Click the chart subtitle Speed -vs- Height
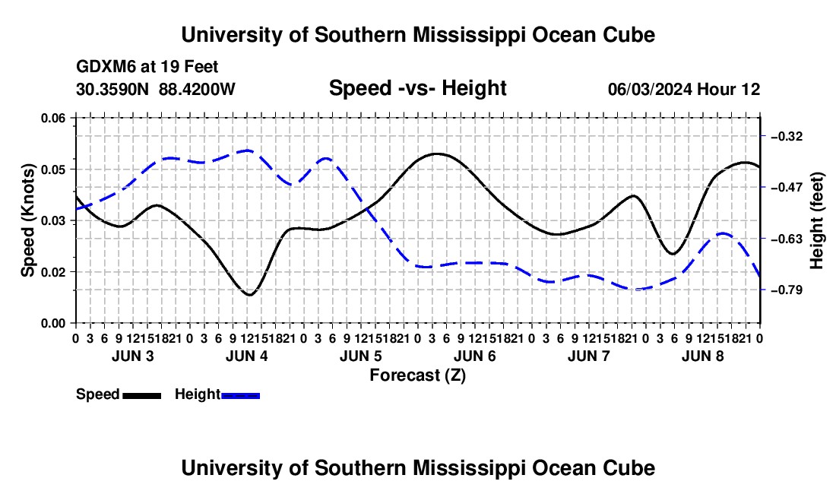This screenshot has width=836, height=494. click(417, 88)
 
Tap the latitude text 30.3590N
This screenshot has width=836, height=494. click(112, 89)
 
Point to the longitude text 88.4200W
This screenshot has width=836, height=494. click(197, 89)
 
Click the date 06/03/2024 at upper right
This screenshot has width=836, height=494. click(650, 89)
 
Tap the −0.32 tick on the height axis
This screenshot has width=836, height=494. click(787, 137)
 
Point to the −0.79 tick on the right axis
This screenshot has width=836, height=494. click(787, 290)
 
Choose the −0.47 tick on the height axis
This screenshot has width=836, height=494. click(787, 188)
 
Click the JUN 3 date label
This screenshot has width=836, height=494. click(133, 356)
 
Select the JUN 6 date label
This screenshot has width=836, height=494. click(475, 356)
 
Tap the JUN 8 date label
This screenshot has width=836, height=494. click(703, 356)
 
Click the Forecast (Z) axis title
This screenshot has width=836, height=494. click(417, 375)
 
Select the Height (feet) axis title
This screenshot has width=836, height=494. click(816, 220)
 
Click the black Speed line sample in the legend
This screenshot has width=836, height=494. click(141, 395)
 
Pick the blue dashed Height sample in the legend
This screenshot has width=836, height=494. click(240, 395)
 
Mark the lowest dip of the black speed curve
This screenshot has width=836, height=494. click(249, 295)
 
